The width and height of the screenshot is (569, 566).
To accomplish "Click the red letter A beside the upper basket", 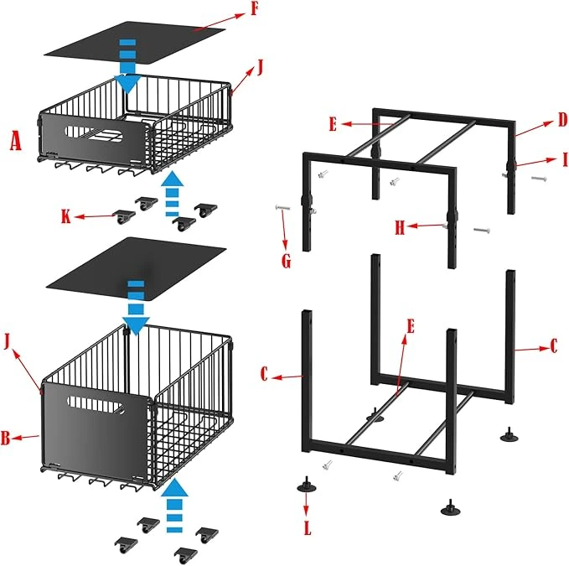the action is pos(15,141).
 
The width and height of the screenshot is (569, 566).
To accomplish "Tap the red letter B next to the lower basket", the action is pos(5,438).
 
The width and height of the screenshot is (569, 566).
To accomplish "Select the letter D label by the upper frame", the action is pos(562,120).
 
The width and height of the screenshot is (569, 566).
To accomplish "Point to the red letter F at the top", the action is pos(255,8).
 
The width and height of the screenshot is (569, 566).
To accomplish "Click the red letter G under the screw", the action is pos(287,261).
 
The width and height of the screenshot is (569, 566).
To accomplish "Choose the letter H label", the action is pos(400,228).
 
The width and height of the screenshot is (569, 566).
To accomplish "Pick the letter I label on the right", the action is pos(564,159).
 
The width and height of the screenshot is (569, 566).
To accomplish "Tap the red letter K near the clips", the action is pos(65,216).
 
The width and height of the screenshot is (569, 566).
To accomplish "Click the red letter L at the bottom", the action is pos(308,528).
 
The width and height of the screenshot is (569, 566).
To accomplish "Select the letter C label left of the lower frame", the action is pos(264,374).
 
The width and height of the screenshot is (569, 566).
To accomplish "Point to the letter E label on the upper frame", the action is pos(333,124).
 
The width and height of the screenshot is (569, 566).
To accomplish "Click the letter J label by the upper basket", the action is pos(260,67).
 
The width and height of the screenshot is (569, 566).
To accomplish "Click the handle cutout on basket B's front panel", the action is pos(96,405).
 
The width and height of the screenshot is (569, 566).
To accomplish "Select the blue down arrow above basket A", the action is pos(127,66).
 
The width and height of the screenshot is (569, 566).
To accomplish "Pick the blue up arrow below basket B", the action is pos(174,506).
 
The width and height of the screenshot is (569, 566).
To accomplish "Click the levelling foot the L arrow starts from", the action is pos(306,485).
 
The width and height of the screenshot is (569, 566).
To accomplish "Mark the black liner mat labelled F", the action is pos(135,44).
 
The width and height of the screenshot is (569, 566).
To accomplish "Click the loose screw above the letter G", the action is pos(282,208).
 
